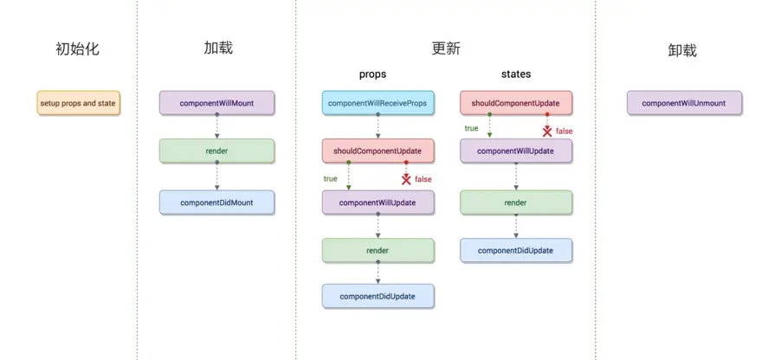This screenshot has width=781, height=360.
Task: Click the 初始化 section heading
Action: point(77,49)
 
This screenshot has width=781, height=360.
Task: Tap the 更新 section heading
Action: point(446,48)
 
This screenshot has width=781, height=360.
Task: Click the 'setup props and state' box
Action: point(77,104)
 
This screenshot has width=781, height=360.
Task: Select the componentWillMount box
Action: point(216,103)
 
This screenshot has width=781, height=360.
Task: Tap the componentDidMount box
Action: point(216,202)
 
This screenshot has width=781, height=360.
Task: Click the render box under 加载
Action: point(216,152)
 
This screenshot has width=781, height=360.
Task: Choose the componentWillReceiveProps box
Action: point(378,104)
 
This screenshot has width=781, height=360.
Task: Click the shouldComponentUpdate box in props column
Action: point(378,151)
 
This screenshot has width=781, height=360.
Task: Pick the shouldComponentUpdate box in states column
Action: point(515,103)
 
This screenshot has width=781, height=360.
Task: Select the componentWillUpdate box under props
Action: point(378,202)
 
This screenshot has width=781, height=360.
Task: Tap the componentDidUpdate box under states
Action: point(516,250)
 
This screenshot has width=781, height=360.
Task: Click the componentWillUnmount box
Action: point(683,103)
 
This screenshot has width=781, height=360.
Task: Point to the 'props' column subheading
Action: point(372,74)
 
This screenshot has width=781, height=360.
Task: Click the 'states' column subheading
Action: point(516,74)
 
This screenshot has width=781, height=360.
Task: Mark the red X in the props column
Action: point(405,178)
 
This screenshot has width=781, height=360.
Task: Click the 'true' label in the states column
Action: point(471,128)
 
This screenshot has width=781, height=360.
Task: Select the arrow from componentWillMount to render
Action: point(216,127)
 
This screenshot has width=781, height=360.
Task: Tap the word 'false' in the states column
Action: point(564,132)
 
